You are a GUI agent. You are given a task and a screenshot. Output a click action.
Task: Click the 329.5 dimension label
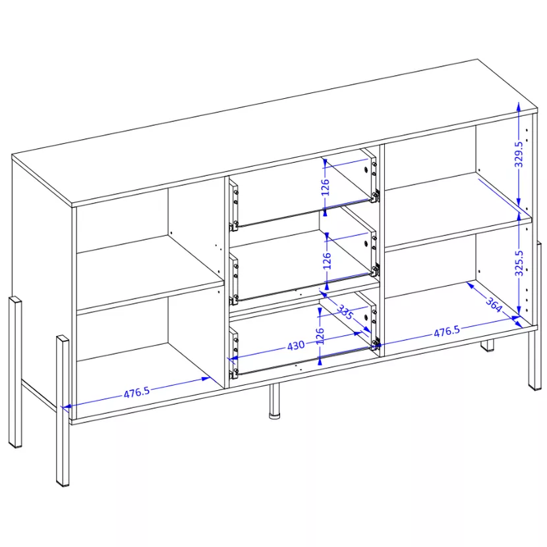(x=519, y=154)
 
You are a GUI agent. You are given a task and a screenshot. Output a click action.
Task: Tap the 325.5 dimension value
(x=519, y=263)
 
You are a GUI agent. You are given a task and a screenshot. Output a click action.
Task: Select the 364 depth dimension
(x=494, y=304)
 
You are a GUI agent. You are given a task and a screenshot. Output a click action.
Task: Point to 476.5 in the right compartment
(x=447, y=331)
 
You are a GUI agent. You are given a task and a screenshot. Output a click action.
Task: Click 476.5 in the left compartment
(x=137, y=393)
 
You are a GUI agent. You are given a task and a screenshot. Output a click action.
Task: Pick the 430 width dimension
(x=296, y=346)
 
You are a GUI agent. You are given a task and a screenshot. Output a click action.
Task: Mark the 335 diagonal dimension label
(x=345, y=312)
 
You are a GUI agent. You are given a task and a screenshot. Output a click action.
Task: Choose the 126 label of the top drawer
(x=325, y=187)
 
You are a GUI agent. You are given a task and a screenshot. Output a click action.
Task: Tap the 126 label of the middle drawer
(x=326, y=260)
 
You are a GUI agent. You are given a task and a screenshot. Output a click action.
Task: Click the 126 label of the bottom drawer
(x=320, y=336)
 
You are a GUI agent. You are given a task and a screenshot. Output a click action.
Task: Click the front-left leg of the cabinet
(x=63, y=412)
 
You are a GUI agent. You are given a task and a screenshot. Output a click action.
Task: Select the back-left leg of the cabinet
(x=15, y=372)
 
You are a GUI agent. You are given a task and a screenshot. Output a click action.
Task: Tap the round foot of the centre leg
(x=275, y=416)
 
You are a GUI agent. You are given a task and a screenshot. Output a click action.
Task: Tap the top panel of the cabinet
(x=275, y=133)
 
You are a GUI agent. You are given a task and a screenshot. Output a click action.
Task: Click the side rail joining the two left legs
(x=39, y=395)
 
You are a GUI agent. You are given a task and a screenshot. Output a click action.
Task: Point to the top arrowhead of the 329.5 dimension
(x=519, y=106)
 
